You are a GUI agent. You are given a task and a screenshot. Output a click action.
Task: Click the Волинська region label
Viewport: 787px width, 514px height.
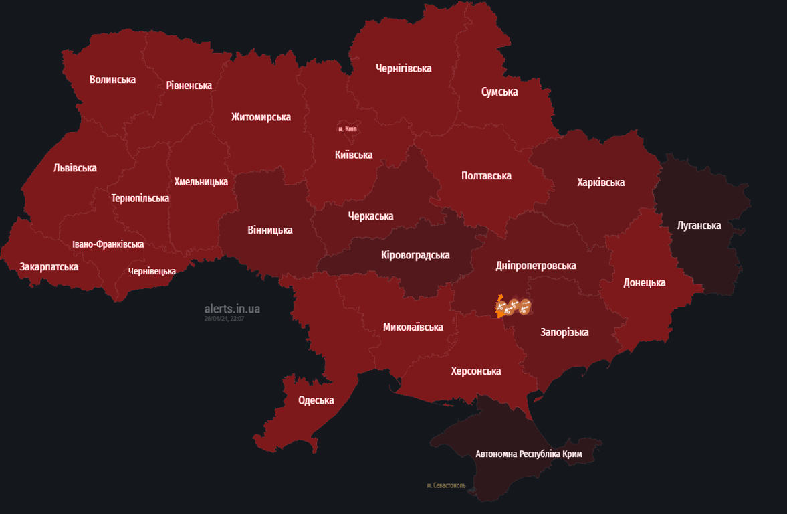point(112,80)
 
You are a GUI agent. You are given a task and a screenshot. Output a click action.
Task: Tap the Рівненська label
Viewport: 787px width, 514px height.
point(189,86)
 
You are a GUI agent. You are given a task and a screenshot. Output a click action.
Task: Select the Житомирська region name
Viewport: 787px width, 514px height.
point(261,117)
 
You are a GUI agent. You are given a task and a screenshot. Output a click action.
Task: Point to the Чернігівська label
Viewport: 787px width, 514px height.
point(404,68)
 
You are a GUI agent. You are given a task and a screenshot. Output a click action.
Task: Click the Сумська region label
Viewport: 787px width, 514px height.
point(499,92)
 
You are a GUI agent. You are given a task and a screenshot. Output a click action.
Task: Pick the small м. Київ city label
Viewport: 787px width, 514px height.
point(348,128)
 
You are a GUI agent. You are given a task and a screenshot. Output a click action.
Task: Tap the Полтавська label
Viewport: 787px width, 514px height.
point(486,176)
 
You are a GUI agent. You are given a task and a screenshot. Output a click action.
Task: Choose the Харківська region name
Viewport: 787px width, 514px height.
point(600,183)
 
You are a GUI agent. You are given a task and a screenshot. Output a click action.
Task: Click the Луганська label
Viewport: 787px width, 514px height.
point(699,226)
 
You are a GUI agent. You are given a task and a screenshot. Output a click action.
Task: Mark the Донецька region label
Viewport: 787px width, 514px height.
point(644,283)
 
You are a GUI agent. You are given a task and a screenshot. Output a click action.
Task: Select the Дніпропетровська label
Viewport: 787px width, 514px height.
point(536,266)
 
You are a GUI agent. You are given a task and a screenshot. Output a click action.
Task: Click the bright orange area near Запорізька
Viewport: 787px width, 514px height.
point(499,307)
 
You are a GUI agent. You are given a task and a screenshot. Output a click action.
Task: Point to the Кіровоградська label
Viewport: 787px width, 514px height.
point(415,255)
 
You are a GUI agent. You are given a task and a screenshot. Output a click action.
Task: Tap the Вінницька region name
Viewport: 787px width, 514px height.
point(270,230)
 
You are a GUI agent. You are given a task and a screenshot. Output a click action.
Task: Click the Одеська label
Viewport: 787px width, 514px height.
point(316,400)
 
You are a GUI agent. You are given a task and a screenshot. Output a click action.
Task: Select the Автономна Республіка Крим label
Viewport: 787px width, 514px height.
point(528,454)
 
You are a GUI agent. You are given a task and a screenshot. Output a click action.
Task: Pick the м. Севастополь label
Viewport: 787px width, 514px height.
point(446,485)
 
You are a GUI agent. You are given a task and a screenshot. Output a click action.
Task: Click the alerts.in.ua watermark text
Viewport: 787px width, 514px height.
point(232,309)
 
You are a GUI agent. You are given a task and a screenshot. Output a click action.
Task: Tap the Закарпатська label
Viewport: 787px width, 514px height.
point(49,267)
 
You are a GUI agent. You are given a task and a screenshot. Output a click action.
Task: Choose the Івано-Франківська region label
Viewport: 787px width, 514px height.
point(108,244)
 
